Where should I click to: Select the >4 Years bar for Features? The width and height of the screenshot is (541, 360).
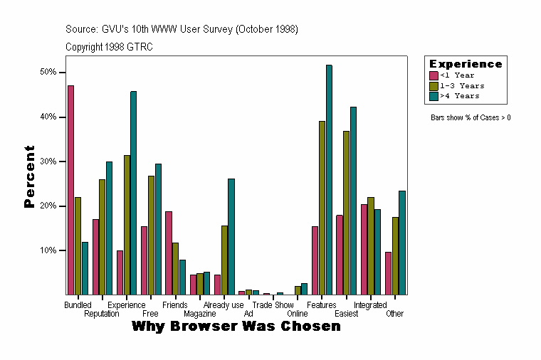tap(329, 180)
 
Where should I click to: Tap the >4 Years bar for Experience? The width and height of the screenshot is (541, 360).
tap(134, 193)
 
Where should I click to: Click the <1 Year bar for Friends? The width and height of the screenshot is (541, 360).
tap(168, 253)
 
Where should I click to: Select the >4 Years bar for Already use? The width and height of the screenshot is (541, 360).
tap(231, 237)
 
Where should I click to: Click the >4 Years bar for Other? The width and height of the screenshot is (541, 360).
tap(402, 243)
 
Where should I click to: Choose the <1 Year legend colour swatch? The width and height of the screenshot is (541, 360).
tap(434, 75)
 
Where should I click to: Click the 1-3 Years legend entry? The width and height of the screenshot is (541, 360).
tap(462, 85)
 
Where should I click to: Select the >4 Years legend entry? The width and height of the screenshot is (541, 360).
tap(460, 95)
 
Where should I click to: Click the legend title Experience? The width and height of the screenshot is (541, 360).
tap(466, 64)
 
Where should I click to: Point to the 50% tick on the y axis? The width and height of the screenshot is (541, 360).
tap(65, 73)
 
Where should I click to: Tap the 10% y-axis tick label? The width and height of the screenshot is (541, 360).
tap(48, 250)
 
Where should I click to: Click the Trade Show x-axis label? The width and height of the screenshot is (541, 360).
tap(273, 305)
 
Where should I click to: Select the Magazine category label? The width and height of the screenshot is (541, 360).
tap(199, 314)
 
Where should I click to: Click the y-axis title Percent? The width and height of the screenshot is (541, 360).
tap(29, 176)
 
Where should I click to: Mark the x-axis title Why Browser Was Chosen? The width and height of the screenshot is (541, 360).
tap(236, 327)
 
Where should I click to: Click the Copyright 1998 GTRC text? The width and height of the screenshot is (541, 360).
tap(109, 47)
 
